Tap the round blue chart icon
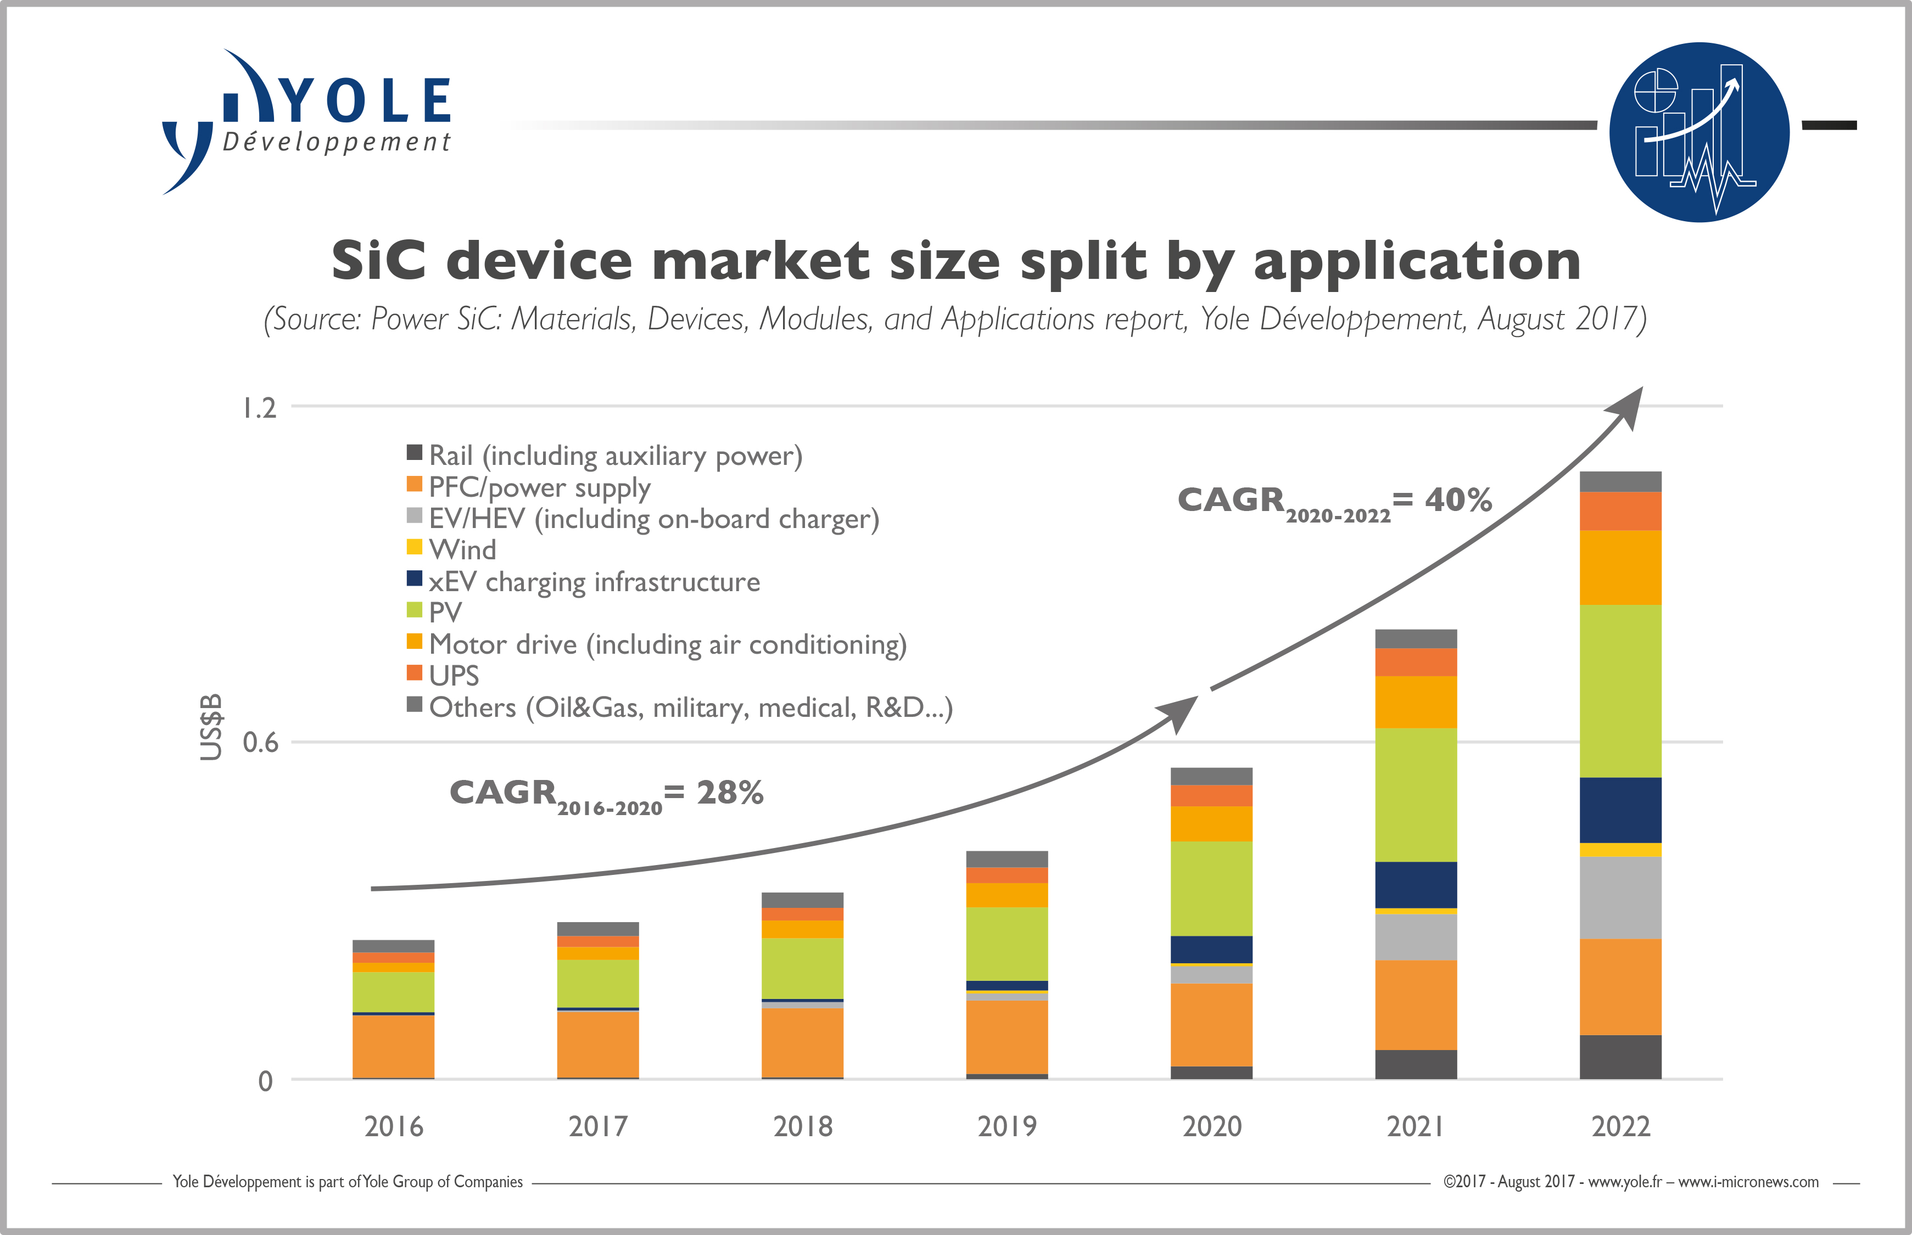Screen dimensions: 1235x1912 point(1698,132)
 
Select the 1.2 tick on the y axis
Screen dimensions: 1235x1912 point(259,408)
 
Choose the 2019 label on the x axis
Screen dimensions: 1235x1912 point(1007,1126)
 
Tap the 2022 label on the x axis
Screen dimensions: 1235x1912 point(1620,1126)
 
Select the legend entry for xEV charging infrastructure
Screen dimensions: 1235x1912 point(594,581)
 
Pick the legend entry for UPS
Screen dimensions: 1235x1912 point(453,676)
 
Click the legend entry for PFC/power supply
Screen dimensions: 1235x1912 point(539,487)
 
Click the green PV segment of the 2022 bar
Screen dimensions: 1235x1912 point(1620,689)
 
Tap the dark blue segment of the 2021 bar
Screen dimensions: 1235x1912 point(1416,885)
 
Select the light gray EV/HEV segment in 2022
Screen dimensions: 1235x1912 point(1620,897)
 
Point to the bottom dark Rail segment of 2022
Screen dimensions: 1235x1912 point(1620,1057)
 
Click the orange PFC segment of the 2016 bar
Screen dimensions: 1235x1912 point(393,1047)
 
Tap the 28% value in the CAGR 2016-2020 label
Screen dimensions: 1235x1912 point(729,793)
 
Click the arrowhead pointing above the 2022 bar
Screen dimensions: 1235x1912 point(1628,406)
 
